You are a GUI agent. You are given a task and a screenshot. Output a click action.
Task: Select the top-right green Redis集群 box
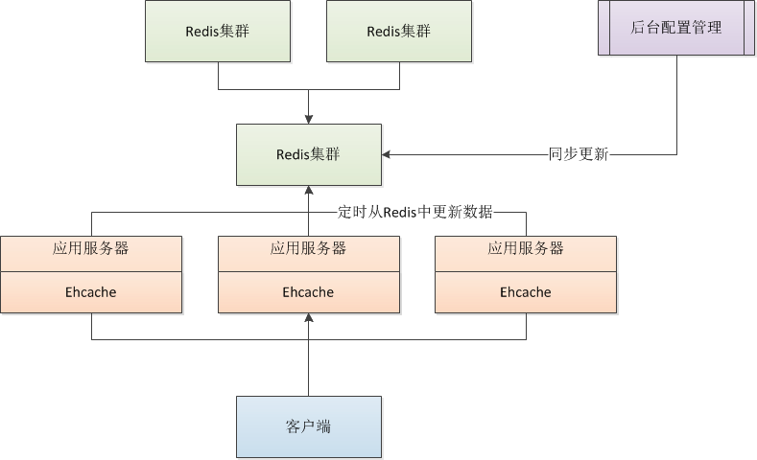[398, 32]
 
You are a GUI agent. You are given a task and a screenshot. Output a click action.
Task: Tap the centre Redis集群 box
[308, 154]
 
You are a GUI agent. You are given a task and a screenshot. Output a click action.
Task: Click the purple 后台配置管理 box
[676, 29]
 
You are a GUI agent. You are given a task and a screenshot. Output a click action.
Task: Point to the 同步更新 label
[578, 154]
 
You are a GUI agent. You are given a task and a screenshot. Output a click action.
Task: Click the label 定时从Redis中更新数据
[415, 212]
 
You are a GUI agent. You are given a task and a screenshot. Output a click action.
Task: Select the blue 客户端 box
[308, 426]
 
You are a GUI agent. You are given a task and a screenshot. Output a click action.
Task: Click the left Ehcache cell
[91, 292]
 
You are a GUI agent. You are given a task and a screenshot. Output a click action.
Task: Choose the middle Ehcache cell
[308, 292]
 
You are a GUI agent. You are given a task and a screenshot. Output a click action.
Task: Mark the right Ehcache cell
[526, 292]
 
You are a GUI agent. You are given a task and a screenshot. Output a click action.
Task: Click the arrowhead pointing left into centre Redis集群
[387, 154]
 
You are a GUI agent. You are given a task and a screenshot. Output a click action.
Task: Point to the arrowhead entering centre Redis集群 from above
[308, 119]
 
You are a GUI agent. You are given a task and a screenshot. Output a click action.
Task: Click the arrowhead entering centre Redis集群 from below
[308, 191]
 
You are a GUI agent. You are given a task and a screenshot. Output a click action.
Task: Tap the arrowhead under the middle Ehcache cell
[308, 318]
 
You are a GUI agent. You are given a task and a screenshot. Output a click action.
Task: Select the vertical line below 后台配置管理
[676, 105]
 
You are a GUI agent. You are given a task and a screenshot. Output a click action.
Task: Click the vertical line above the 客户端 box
[308, 369]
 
